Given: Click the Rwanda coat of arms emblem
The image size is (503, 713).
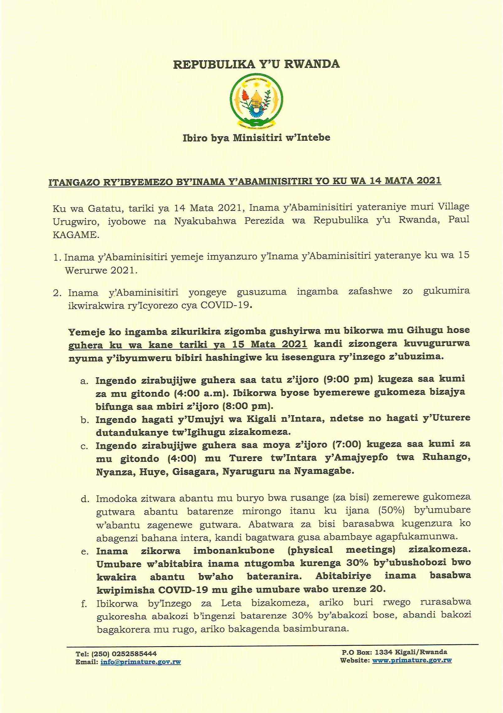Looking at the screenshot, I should (256, 102).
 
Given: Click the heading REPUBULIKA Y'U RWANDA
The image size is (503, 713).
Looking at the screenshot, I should (256, 64).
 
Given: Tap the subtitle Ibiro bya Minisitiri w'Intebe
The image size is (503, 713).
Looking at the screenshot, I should (256, 138).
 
